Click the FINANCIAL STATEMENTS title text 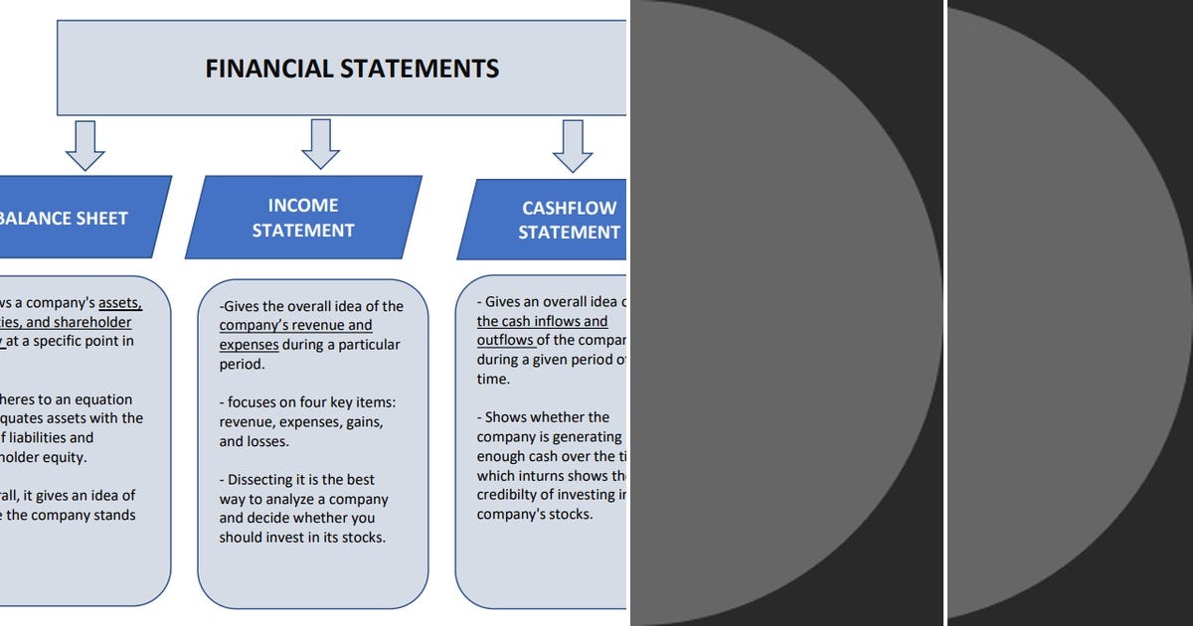pos(352,69)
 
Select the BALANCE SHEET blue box pos(80,217)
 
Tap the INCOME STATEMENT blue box pos(303,218)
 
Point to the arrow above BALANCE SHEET pos(85,145)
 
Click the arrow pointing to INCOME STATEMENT pos(320,144)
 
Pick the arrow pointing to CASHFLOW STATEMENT pos(573,146)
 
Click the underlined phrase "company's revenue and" pos(295,325)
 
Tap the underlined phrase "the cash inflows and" pos(542,321)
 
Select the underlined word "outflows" pos(504,340)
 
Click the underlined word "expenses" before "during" pos(249,345)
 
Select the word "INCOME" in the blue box pos(303,206)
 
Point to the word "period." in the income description pos(242,364)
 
